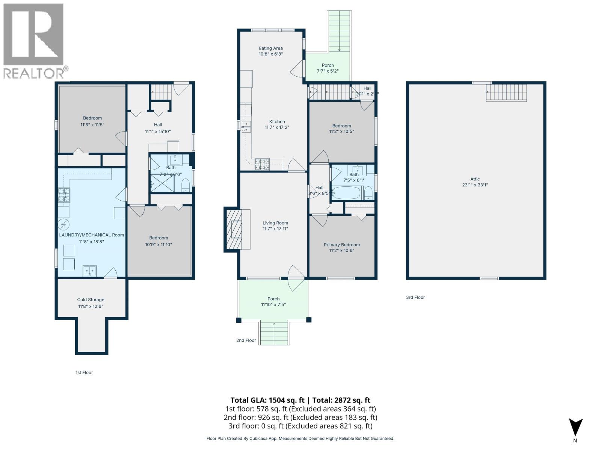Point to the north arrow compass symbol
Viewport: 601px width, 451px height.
[x=575, y=428]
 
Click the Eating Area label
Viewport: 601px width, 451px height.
[x=270, y=48]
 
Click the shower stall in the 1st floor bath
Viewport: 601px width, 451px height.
[x=162, y=183]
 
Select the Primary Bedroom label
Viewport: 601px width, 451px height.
[x=341, y=245]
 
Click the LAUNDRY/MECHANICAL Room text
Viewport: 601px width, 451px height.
[x=91, y=235]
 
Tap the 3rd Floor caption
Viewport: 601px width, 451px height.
[x=415, y=297]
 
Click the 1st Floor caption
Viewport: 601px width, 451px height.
[x=84, y=372]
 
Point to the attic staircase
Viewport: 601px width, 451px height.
[x=507, y=92]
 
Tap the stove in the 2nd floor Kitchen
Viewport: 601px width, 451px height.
[x=262, y=164]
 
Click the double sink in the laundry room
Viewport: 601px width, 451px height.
[x=90, y=271]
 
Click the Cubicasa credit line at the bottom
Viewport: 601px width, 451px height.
[x=300, y=438]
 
